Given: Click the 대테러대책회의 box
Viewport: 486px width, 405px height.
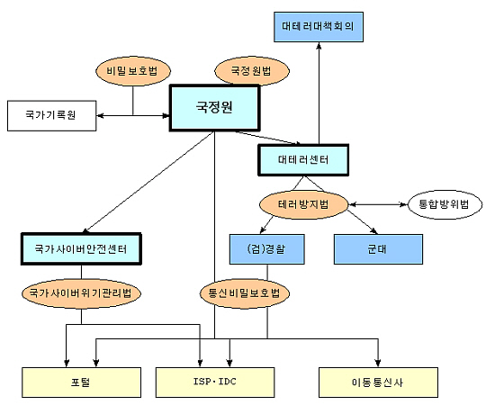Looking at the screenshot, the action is pyautogui.click(x=319, y=27).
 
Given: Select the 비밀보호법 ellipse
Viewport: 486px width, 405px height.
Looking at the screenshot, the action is pyautogui.click(x=133, y=71).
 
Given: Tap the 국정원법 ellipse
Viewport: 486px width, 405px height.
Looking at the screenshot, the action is pyautogui.click(x=252, y=71).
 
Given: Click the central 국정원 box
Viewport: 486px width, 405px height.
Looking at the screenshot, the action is pyautogui.click(x=214, y=108).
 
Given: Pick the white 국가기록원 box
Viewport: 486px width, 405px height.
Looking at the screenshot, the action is pyautogui.click(x=52, y=115).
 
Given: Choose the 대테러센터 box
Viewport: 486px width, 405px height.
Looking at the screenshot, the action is pyautogui.click(x=303, y=160).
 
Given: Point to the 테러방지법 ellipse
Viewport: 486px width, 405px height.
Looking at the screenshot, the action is pyautogui.click(x=303, y=204).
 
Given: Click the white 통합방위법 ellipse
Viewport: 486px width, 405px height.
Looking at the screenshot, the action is pyautogui.click(x=445, y=204).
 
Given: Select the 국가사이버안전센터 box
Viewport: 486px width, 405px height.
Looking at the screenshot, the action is pyautogui.click(x=81, y=249).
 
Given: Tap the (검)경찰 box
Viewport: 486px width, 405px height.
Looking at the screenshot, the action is pyautogui.click(x=267, y=249).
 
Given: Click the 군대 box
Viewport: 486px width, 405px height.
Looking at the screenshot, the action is pyautogui.click(x=378, y=249).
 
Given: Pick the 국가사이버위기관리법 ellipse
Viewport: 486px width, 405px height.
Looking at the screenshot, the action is pyautogui.click(x=81, y=293).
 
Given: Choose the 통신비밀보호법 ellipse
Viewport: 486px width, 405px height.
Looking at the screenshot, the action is pyautogui.click(x=245, y=293).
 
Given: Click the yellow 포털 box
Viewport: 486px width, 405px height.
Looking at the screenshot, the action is pyautogui.click(x=81, y=382).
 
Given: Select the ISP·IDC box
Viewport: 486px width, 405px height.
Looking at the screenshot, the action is pyautogui.click(x=215, y=382).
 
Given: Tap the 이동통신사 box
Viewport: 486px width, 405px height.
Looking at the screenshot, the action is pyautogui.click(x=378, y=382).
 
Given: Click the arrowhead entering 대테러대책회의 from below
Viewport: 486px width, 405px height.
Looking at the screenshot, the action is pyautogui.click(x=319, y=46).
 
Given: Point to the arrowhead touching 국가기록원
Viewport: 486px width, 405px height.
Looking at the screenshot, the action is pyautogui.click(x=100, y=116).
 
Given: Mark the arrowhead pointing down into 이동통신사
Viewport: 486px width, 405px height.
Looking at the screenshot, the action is pyautogui.click(x=378, y=364).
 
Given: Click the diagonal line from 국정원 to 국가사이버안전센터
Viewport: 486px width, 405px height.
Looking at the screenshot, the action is pyautogui.click(x=148, y=182).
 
